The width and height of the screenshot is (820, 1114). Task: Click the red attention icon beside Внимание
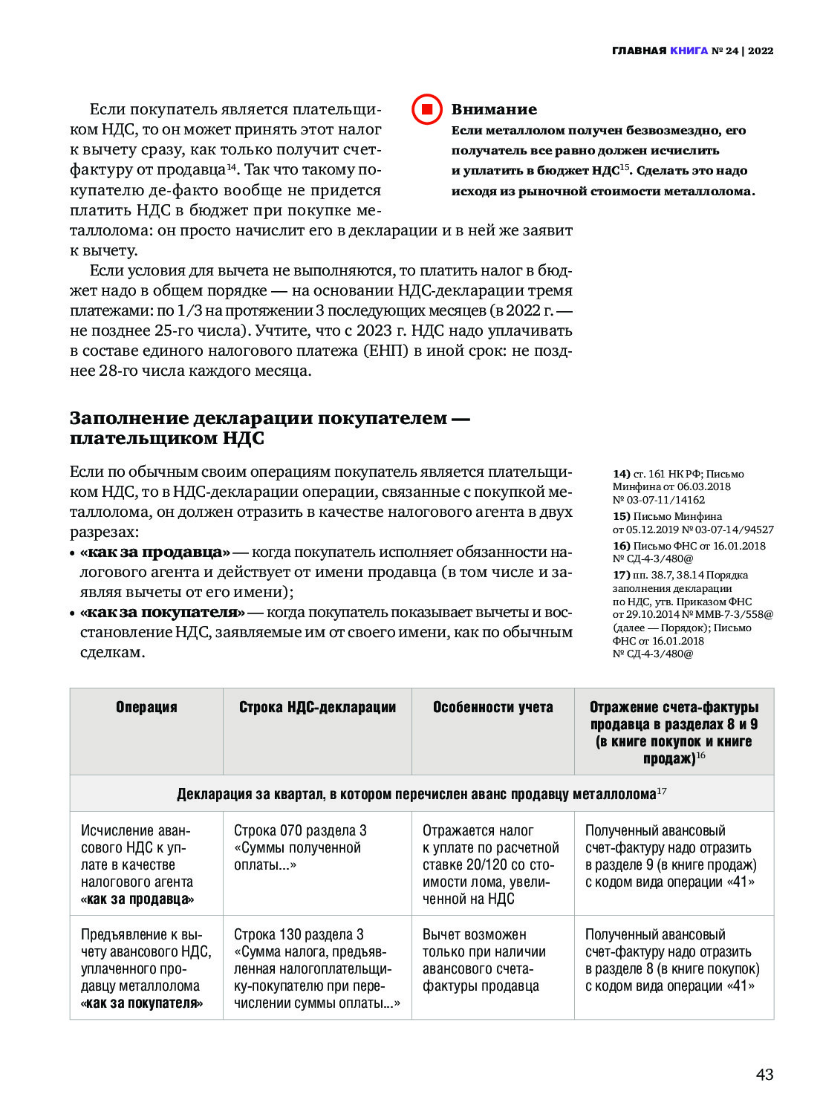click(427, 110)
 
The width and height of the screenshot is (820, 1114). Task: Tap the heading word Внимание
click(494, 110)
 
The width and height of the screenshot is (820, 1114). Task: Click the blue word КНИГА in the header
click(689, 51)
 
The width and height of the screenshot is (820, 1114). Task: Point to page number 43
click(764, 1075)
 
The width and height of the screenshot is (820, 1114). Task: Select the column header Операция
click(146, 707)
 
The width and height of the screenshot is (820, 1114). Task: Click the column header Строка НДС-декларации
click(317, 707)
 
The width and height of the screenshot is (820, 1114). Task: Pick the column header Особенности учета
click(492, 707)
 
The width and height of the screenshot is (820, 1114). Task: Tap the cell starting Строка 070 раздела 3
click(300, 848)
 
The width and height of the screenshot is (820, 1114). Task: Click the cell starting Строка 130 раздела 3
click(316, 968)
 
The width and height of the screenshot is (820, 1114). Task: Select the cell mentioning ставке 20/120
click(490, 865)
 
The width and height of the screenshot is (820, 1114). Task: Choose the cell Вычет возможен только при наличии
click(484, 960)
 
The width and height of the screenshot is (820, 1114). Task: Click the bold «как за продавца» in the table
click(137, 899)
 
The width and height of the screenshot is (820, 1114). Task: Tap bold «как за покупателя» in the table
click(142, 1003)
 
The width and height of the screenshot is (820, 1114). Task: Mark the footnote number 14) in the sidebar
click(621, 474)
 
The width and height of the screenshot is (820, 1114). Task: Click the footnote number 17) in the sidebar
click(621, 575)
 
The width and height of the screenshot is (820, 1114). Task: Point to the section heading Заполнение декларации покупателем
click(270, 428)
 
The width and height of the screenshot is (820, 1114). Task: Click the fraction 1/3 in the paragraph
click(189, 310)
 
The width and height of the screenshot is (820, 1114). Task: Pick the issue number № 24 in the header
click(725, 51)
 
